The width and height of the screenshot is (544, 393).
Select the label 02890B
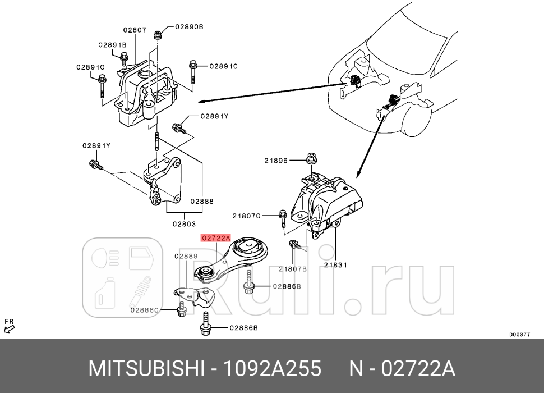pos(189,26)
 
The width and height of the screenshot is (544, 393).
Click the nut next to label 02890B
pos(158,34)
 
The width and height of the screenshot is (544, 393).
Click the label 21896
pos(276,161)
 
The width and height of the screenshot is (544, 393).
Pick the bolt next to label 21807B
pos(293,244)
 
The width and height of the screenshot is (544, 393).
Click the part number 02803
pos(185,224)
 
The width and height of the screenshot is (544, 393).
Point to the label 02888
pos(201,200)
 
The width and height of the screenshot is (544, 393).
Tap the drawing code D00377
pos(519,334)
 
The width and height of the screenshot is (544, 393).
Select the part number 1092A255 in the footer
pos(273,369)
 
